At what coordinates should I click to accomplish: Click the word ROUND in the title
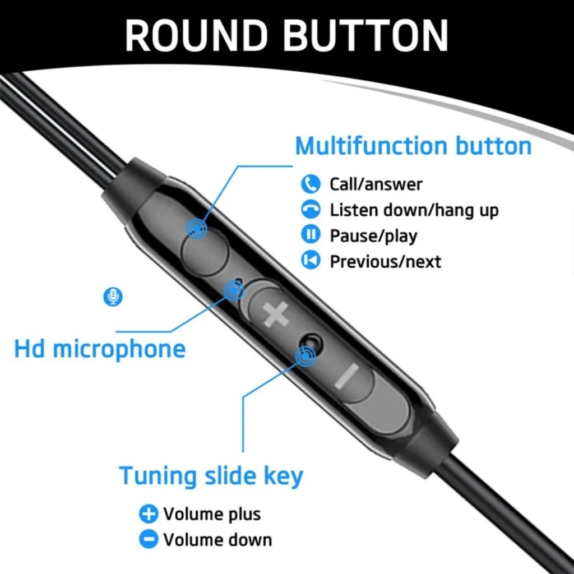pos(196,35)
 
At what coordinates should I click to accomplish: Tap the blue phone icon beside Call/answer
pos(311,184)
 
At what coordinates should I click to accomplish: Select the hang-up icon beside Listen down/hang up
pos(311,210)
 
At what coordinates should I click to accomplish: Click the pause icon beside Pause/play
pos(311,235)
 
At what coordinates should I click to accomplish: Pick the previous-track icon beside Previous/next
pos(311,260)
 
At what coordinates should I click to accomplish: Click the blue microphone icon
pos(113,297)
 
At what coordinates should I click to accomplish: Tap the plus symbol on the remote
pos(276,314)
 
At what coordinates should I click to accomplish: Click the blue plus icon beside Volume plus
pos(148,513)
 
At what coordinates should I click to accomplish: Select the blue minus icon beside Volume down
pos(148,539)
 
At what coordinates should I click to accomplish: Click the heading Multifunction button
pos(413,146)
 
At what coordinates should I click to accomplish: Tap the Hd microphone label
pos(100,349)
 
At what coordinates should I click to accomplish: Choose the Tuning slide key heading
pos(211,476)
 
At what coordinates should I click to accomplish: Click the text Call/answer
pos(376,184)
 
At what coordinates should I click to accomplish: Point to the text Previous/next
pos(386,261)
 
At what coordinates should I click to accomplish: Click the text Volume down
pos(217,540)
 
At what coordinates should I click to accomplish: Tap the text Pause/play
pos(373,236)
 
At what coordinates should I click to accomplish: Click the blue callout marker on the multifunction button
pos(197,229)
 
